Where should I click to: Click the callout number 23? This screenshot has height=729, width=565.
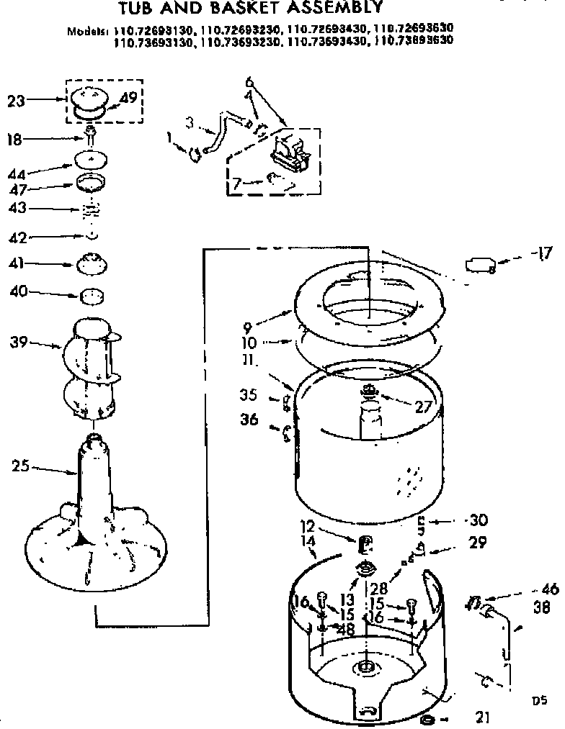16,101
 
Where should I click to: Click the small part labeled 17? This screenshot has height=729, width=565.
481,266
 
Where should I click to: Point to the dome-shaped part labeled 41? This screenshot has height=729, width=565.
94,263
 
